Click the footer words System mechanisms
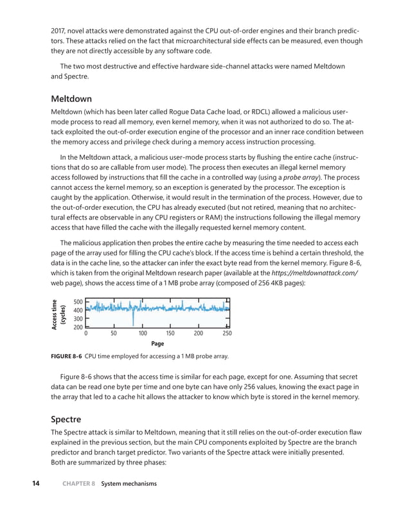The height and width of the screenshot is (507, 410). pyautogui.click(x=129, y=484)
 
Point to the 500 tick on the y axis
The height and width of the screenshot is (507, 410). pyautogui.click(x=78, y=302)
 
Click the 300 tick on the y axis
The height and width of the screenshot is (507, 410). pyautogui.click(x=78, y=319)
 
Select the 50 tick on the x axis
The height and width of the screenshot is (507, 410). pyautogui.click(x=114, y=334)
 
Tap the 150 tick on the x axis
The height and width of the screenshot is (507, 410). pyautogui.click(x=170, y=334)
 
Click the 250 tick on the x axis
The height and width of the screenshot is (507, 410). pyautogui.click(x=227, y=334)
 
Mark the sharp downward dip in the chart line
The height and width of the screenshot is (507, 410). pyautogui.click(x=134, y=321)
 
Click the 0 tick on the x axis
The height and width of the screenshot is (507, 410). pyautogui.click(x=86, y=334)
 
